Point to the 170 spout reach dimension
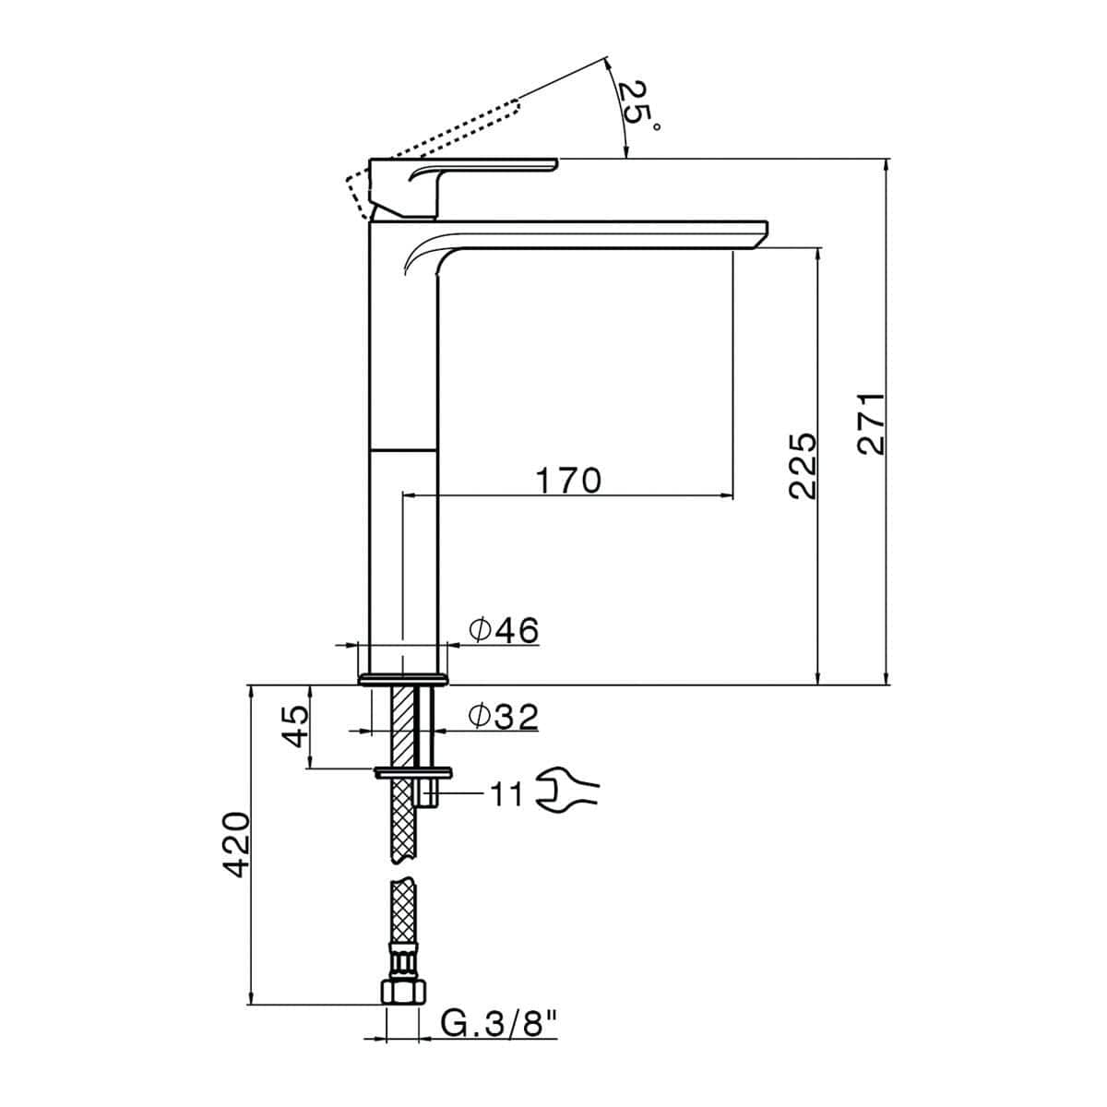coord(568,480)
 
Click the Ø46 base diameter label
coord(504,630)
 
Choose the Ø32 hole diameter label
coord(504,717)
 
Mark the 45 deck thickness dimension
coord(294,726)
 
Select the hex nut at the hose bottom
coord(403,991)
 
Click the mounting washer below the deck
coord(413,771)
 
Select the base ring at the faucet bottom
coord(403,679)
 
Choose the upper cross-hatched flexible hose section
coord(403,821)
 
